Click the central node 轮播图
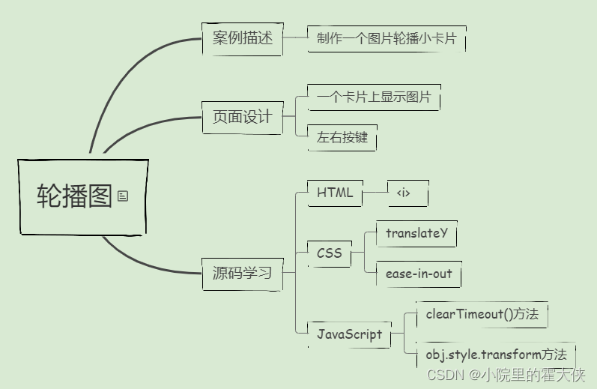click(x=75, y=196)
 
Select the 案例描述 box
click(x=243, y=39)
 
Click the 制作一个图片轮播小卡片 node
click(x=387, y=39)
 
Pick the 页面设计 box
click(x=243, y=118)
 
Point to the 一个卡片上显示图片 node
click(x=374, y=97)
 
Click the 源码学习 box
click(x=243, y=273)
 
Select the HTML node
click(x=335, y=193)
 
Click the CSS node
click(x=330, y=253)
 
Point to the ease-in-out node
click(x=419, y=274)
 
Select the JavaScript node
click(x=350, y=334)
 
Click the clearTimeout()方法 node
click(x=482, y=315)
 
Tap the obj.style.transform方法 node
click(x=496, y=355)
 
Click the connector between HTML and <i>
click(x=375, y=193)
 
